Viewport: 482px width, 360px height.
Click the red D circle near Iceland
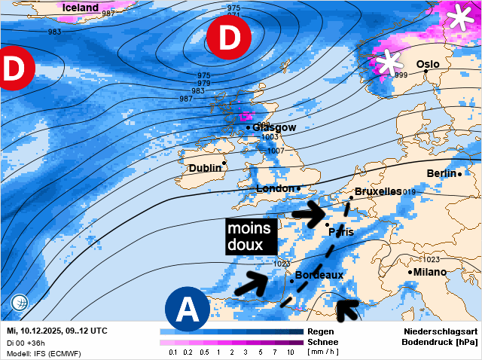click(228, 37)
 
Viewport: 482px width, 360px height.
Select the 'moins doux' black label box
click(251, 236)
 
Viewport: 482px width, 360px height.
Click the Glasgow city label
click(276, 127)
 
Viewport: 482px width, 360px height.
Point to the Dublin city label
click(206, 169)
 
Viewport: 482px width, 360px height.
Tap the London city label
click(276, 188)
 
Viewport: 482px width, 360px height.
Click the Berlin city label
click(441, 173)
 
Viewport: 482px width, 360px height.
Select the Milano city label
click(430, 271)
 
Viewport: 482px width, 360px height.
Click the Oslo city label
click(428, 65)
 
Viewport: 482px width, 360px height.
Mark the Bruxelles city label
click(377, 192)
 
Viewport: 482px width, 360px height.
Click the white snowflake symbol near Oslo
click(389, 63)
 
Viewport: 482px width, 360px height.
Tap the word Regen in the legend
click(321, 331)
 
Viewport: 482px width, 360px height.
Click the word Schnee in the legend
click(324, 342)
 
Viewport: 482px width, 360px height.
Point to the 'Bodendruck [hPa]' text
click(440, 342)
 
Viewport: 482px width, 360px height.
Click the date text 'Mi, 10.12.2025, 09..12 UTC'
click(57, 331)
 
